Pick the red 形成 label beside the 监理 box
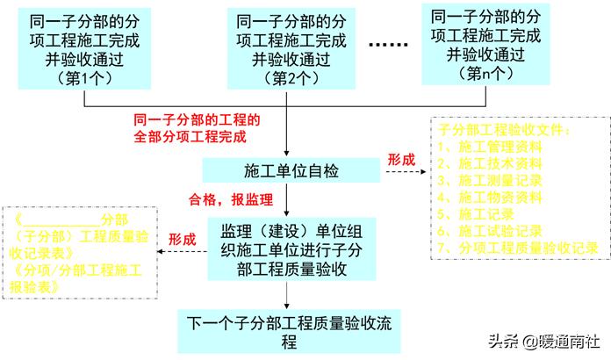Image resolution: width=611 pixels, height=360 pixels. click(x=182, y=238)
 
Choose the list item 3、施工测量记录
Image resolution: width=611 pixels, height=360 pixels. click(x=489, y=180)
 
